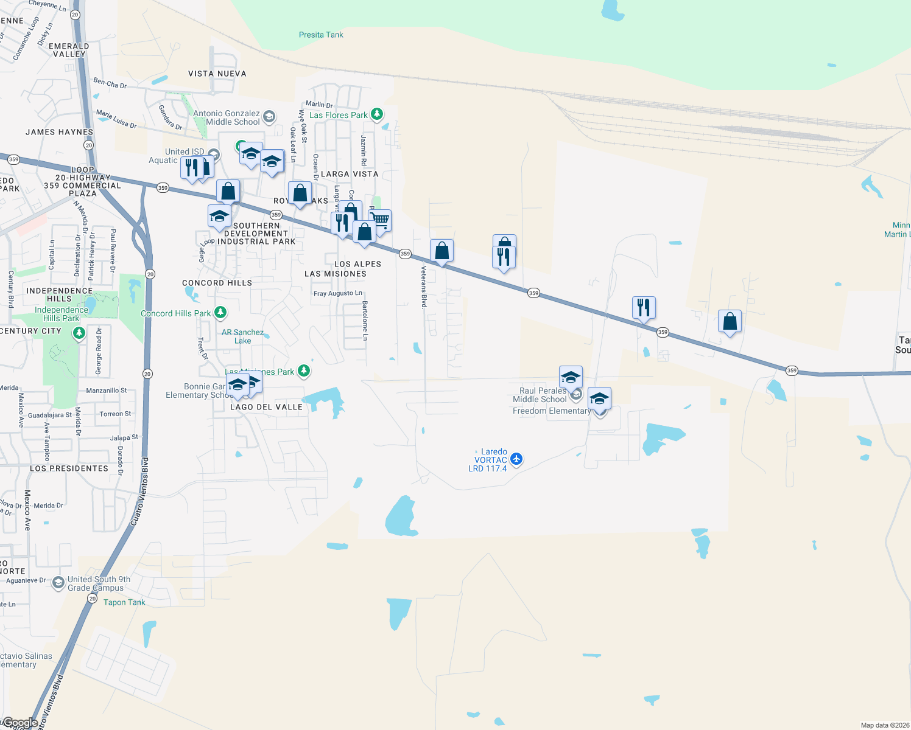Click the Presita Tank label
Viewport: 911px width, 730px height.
[321, 35]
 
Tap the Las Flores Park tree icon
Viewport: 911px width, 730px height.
[377, 114]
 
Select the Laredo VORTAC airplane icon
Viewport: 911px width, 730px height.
[516, 459]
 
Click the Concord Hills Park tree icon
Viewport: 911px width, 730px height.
[220, 313]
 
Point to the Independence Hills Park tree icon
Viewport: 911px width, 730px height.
[79, 333]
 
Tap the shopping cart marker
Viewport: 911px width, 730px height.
[380, 220]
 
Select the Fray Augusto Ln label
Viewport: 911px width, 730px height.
[337, 293]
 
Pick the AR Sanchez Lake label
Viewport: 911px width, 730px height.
[242, 336]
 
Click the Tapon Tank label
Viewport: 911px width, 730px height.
[124, 602]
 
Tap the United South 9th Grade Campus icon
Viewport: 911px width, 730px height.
[58, 583]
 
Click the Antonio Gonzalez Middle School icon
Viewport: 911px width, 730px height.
[269, 116]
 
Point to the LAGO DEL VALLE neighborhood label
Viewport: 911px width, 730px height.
[266, 407]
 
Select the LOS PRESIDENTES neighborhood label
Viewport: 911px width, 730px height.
[69, 468]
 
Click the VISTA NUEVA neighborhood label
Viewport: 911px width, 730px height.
[217, 74]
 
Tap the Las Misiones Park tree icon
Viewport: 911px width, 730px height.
[303, 370]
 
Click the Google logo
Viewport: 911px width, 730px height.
[20, 723]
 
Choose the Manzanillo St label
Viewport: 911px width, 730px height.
[107, 391]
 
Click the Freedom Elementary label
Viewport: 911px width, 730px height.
[551, 411]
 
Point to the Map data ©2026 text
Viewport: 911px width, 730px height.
[885, 725]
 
